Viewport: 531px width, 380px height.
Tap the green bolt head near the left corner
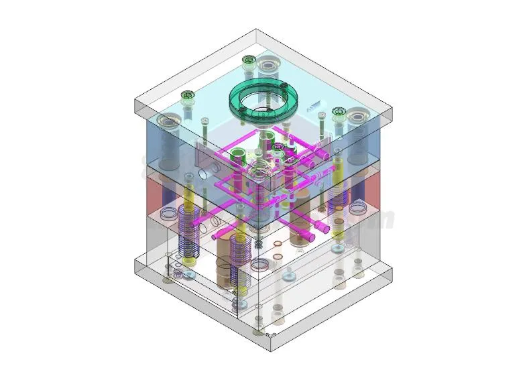click(187, 96)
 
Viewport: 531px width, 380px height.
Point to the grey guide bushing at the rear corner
click(270, 65)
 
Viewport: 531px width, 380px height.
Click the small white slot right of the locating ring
click(313, 106)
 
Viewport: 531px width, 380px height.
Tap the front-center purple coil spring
click(239, 261)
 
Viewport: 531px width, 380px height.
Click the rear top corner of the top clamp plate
click(256, 29)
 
